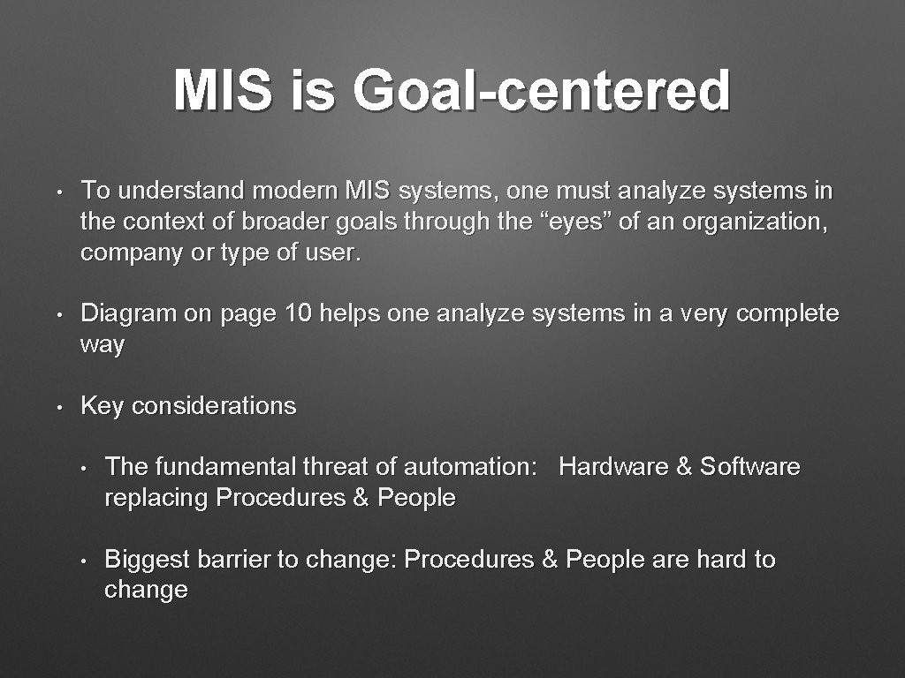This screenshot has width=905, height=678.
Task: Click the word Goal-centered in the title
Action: click(x=541, y=92)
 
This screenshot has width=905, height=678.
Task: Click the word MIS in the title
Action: click(x=223, y=92)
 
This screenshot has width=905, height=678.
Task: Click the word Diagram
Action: click(x=129, y=313)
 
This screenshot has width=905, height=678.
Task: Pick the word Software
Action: click(x=749, y=466)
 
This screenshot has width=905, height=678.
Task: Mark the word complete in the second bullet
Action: click(x=787, y=313)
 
